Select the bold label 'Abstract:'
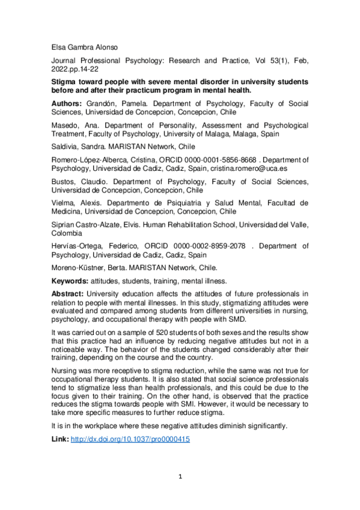click(68, 293)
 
